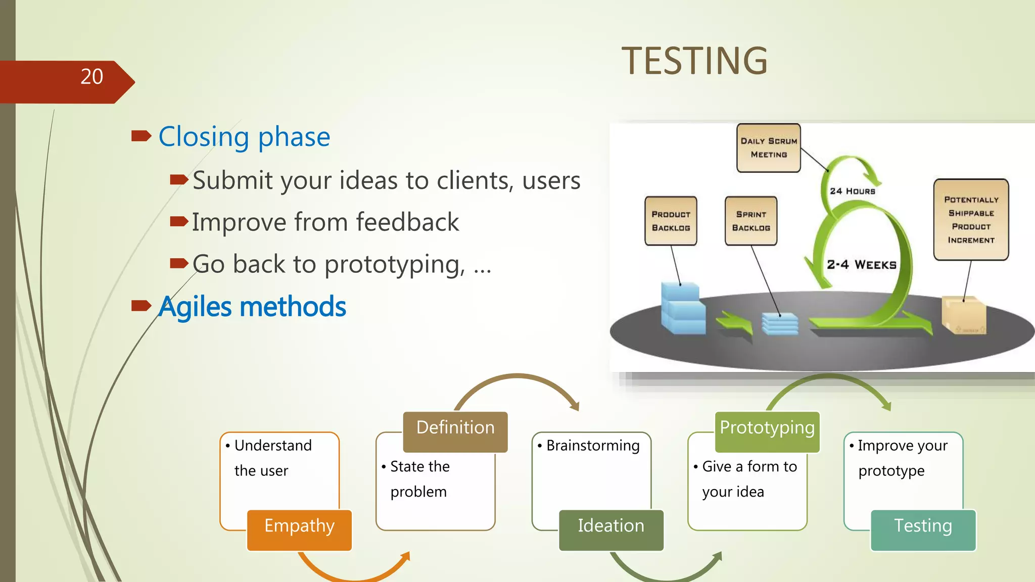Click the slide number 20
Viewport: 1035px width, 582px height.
click(x=91, y=77)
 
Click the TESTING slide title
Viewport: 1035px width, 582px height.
click(x=694, y=61)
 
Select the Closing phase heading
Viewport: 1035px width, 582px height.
click(x=244, y=136)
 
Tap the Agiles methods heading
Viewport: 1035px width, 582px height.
click(x=252, y=307)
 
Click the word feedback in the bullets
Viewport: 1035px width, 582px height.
click(x=407, y=222)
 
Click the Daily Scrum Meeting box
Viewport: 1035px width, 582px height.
click(x=768, y=148)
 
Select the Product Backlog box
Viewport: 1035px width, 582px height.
click(x=671, y=221)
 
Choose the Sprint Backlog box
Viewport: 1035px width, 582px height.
click(x=751, y=221)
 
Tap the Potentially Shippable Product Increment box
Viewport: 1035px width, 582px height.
click(x=971, y=220)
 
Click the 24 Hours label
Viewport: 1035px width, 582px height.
click(x=852, y=191)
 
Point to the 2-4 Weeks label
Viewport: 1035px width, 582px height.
click(x=861, y=265)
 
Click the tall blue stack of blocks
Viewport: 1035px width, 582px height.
click(x=683, y=309)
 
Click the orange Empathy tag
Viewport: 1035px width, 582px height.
click(x=299, y=529)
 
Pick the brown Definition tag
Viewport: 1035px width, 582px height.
click(x=455, y=431)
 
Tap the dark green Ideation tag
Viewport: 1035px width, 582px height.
click(x=611, y=529)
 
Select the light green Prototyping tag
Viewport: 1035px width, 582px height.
click(x=767, y=431)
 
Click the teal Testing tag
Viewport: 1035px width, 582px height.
click(x=923, y=529)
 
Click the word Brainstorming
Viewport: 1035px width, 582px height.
click(x=593, y=446)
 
